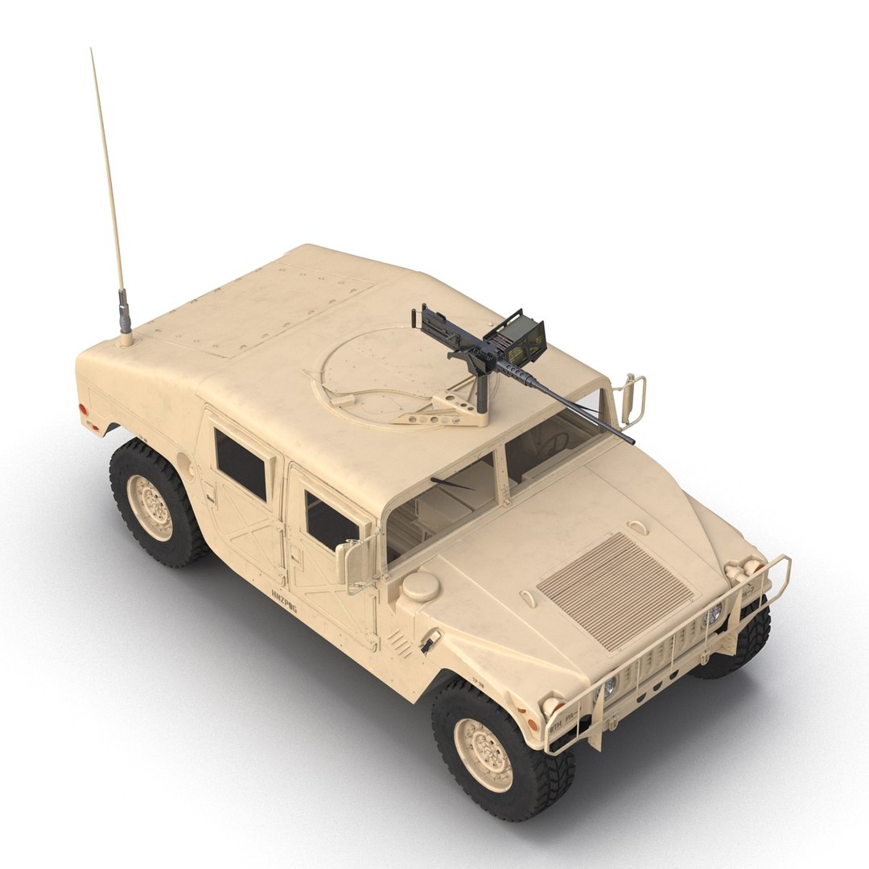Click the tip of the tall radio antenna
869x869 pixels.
click(92, 50)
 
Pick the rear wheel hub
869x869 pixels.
click(149, 507)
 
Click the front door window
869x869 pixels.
click(330, 521)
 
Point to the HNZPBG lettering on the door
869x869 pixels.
click(284, 601)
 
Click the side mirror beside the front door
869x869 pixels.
click(348, 562)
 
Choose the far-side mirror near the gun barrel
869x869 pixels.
click(632, 400)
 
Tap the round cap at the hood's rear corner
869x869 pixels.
click(420, 586)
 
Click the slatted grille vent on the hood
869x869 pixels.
click(615, 589)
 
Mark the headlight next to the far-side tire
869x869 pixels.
click(713, 616)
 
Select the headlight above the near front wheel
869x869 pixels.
click(610, 686)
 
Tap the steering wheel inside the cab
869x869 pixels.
click(555, 442)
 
